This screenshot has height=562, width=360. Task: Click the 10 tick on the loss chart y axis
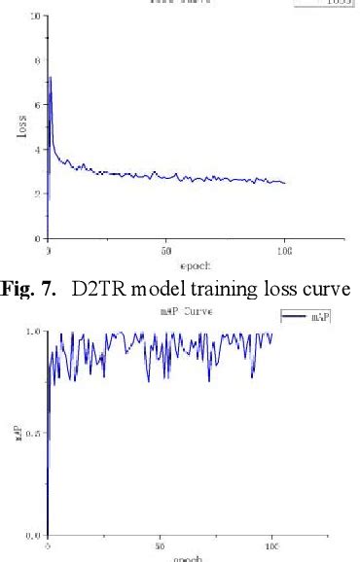pyautogui.click(x=35, y=17)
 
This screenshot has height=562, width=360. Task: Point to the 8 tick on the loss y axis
pyautogui.click(x=37, y=60)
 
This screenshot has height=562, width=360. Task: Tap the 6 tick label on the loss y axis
pyautogui.click(x=37, y=105)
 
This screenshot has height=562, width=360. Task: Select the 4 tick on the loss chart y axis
pyautogui.click(x=37, y=150)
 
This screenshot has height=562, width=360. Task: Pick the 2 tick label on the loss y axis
pyautogui.click(x=37, y=193)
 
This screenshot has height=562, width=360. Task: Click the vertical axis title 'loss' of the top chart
pyautogui.click(x=22, y=127)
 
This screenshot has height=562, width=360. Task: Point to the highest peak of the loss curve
pyautogui.click(x=50, y=77)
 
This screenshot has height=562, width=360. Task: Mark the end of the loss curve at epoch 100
pyautogui.click(x=285, y=183)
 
